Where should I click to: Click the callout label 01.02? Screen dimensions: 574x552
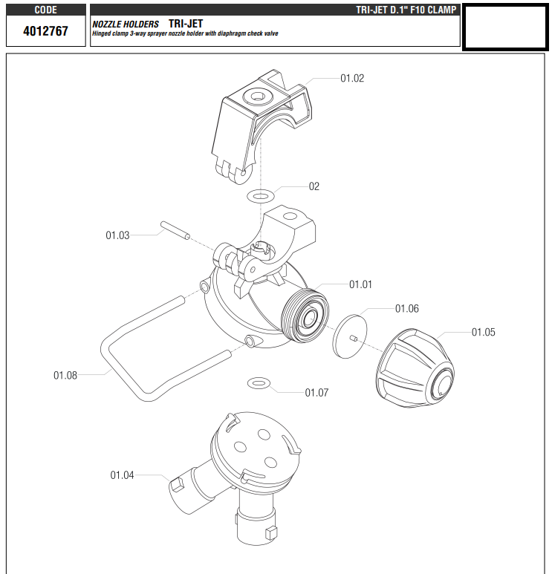pos(352,78)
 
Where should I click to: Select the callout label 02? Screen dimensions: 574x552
pos(314,186)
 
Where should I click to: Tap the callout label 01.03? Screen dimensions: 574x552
pos(117,235)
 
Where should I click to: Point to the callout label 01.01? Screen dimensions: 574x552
pos(360,284)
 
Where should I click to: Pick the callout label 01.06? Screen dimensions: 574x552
pos(406,308)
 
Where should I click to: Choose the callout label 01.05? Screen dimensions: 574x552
pos(483,332)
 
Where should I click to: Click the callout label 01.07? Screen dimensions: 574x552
pos(316,393)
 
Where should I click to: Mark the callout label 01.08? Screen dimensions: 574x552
pos(65,375)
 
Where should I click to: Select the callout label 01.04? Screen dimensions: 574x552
pos(122,474)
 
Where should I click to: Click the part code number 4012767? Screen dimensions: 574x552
pos(45,33)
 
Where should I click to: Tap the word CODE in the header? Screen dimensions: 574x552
pos(45,10)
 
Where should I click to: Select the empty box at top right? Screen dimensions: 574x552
pos(506,27)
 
